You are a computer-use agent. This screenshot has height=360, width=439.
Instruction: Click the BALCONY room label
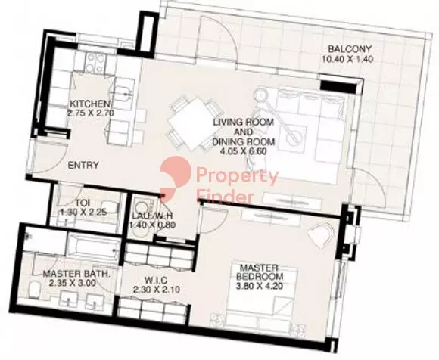click(x=350, y=49)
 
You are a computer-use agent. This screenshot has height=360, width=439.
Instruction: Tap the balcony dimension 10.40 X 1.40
click(x=347, y=59)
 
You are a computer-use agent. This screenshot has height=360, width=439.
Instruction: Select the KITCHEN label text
click(x=89, y=104)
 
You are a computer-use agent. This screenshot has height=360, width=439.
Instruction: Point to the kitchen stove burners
click(x=95, y=63)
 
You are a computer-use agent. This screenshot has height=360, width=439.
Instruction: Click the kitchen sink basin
click(x=123, y=92)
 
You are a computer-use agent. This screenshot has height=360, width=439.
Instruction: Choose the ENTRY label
click(x=83, y=166)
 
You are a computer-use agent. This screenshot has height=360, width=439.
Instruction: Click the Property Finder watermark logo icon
click(x=176, y=178)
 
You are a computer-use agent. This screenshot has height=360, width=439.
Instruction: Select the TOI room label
click(x=83, y=203)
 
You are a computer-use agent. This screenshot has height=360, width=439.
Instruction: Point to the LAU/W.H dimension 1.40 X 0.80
click(x=152, y=225)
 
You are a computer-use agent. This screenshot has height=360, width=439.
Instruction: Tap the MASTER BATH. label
click(x=76, y=273)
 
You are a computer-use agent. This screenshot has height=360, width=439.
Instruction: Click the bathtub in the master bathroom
click(x=93, y=247)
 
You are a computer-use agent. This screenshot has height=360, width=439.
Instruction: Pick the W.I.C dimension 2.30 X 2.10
click(x=157, y=290)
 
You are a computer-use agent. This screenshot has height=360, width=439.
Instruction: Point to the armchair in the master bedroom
click(x=322, y=233)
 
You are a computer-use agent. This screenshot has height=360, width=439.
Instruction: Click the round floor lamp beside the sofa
click(x=261, y=95)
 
